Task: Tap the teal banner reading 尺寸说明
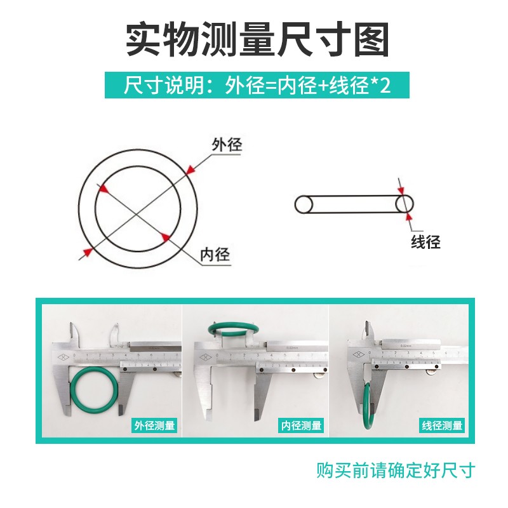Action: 257,85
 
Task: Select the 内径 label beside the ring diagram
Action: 214,255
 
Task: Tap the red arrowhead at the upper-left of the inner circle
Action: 102,189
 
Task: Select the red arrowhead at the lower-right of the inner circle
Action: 166,237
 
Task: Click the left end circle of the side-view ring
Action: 304,204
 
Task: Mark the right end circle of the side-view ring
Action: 404,204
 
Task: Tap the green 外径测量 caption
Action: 154,425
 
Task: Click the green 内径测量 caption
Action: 301,425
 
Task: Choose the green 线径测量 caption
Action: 442,425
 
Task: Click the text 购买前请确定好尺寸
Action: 396,471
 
